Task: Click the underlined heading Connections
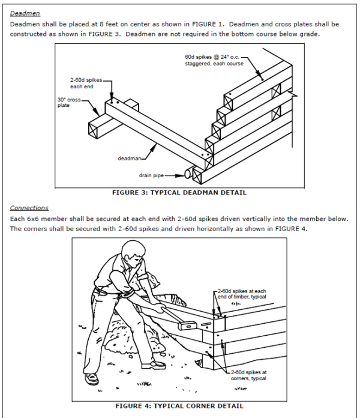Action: coord(29,208)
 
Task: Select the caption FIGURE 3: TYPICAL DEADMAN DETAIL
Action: coord(179,193)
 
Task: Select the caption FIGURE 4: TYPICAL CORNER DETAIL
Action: coord(179,405)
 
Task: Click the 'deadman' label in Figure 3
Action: coord(129,159)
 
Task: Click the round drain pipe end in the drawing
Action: coord(188,174)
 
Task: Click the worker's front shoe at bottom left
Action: coord(92,378)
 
